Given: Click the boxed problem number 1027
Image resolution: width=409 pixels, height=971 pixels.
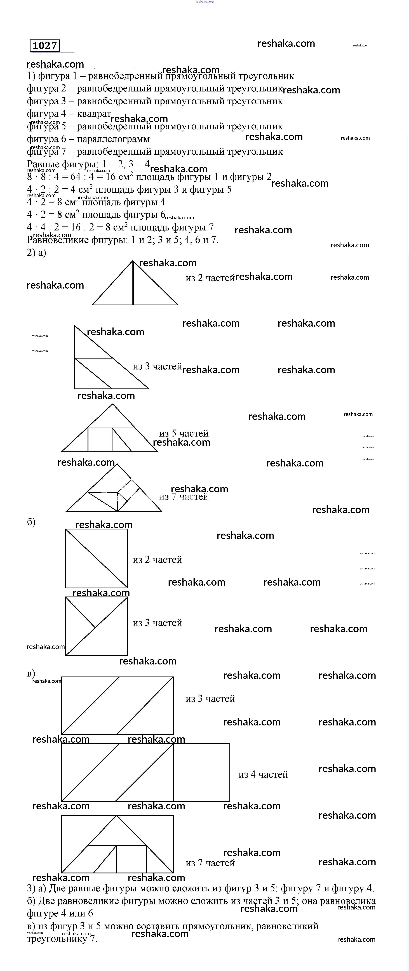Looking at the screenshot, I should tap(44, 46).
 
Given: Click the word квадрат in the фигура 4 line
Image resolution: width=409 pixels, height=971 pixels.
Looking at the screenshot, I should tap(94, 114).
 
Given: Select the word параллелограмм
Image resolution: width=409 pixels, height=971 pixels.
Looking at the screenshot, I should tap(113, 139).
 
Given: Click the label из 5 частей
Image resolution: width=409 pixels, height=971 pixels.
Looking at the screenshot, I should tap(184, 433).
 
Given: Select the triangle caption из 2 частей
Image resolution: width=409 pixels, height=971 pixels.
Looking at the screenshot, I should tap(210, 278).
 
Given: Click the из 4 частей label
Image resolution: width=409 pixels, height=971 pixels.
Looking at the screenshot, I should tap(263, 775).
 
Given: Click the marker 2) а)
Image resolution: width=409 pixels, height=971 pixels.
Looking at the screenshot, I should tap(36, 253).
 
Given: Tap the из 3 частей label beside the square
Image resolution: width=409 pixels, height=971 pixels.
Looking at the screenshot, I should tap(157, 623).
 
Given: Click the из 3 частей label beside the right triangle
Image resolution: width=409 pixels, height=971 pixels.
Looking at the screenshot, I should tap(157, 366).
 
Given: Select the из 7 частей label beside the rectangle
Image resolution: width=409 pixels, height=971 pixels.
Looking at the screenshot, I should tap(210, 863).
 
